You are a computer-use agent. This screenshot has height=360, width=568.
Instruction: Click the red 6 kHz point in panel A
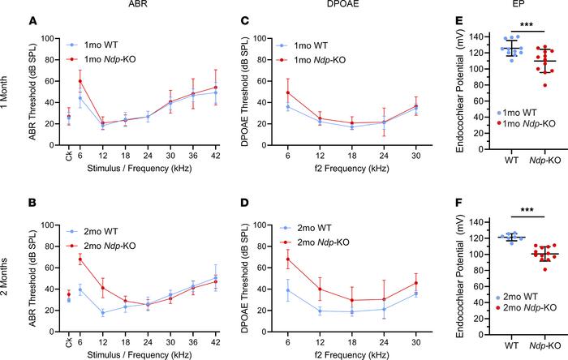pos(80,81)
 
